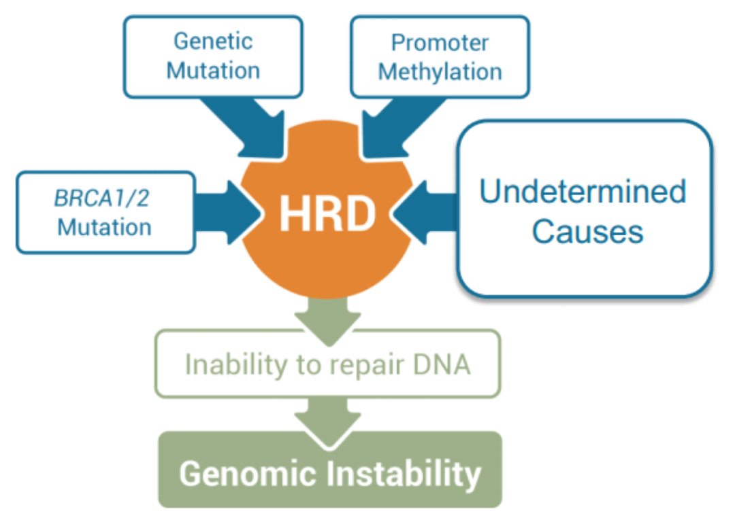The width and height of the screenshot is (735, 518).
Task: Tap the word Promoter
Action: tap(440, 43)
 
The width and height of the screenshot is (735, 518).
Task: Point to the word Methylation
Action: tap(440, 71)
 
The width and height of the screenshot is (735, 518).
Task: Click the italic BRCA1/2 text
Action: tap(105, 198)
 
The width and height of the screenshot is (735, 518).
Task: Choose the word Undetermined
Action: tap(583, 192)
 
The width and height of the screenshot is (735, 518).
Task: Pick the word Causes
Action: tap(587, 232)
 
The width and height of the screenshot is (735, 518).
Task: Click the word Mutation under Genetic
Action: tap(213, 70)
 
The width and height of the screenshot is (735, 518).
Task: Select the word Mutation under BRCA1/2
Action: tap(105, 226)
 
